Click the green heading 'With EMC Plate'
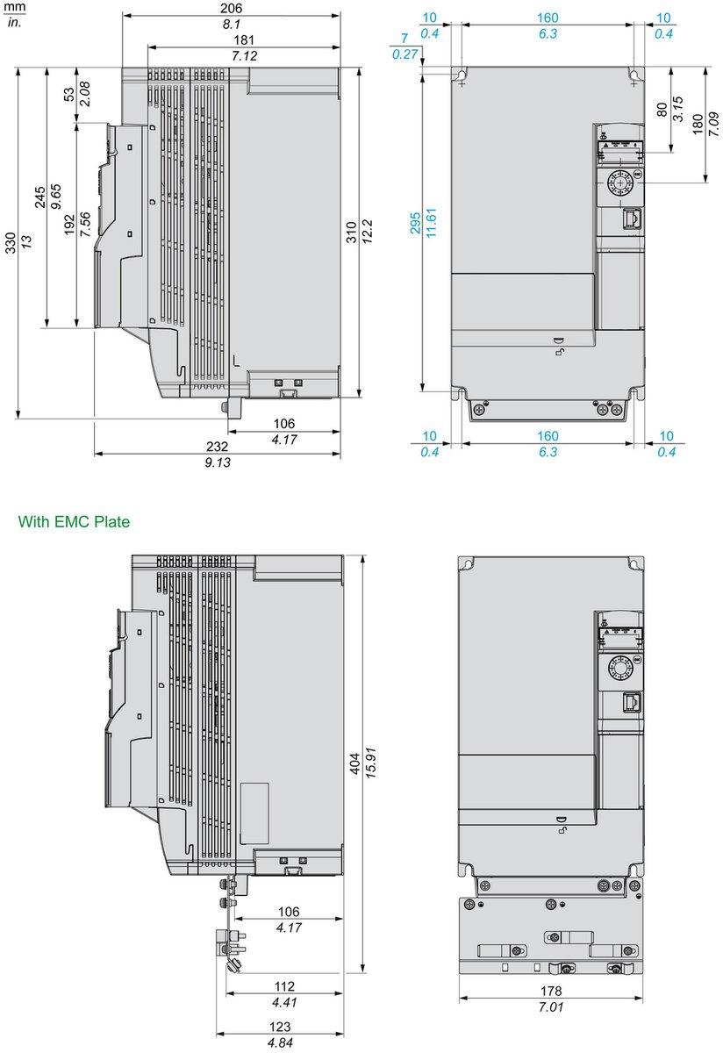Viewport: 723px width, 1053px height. click(x=74, y=522)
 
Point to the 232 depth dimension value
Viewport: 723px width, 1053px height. click(x=217, y=446)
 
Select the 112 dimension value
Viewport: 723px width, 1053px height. click(x=284, y=986)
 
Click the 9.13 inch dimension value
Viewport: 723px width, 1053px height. click(x=217, y=462)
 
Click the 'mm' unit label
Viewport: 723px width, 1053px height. click(x=14, y=7)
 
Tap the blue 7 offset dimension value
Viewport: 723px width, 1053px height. click(x=404, y=38)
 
